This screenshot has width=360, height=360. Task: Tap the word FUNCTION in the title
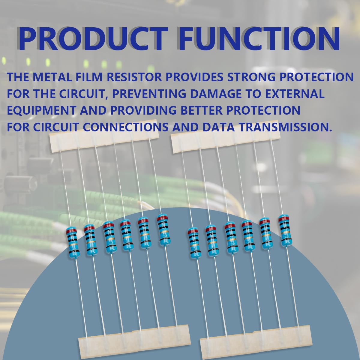(259, 39)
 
